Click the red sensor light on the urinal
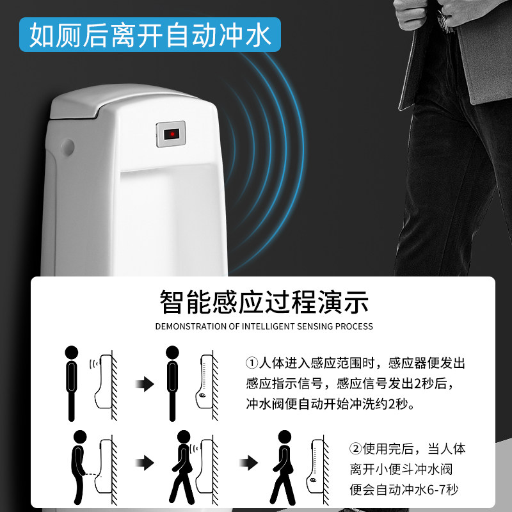pyautogui.click(x=172, y=134)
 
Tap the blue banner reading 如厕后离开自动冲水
pyautogui.click(x=150, y=35)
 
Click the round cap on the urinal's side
pyautogui.click(x=68, y=147)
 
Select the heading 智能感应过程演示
pyautogui.click(x=264, y=302)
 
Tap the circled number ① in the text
pyautogui.click(x=252, y=363)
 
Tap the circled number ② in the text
pyautogui.click(x=355, y=449)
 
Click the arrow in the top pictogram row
pyautogui.click(x=145, y=384)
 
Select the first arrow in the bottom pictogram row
pyautogui.click(x=145, y=463)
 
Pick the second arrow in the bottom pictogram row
pyautogui.click(x=248, y=463)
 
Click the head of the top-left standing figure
pyautogui.click(x=72, y=353)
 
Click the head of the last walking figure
pyautogui.click(x=284, y=437)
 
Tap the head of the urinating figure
pyautogui.click(x=80, y=437)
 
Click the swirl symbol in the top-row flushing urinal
pyautogui.click(x=202, y=396)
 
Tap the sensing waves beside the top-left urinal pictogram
pyautogui.click(x=94, y=364)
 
